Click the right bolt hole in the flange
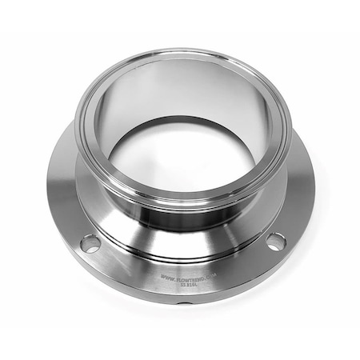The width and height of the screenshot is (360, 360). point(276,240)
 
